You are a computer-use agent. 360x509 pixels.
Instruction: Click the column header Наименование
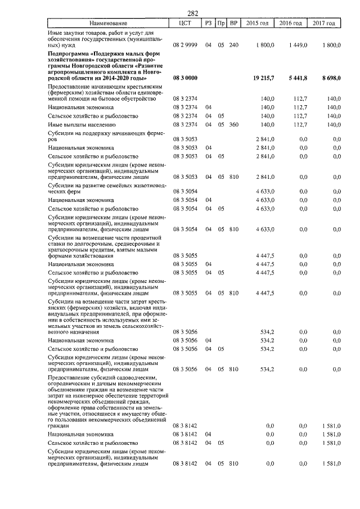click(x=109, y=23)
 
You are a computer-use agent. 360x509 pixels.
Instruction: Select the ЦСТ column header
click(x=184, y=23)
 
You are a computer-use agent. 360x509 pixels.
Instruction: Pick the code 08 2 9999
click(x=185, y=44)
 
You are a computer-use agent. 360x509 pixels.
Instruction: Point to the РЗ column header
click(x=208, y=23)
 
